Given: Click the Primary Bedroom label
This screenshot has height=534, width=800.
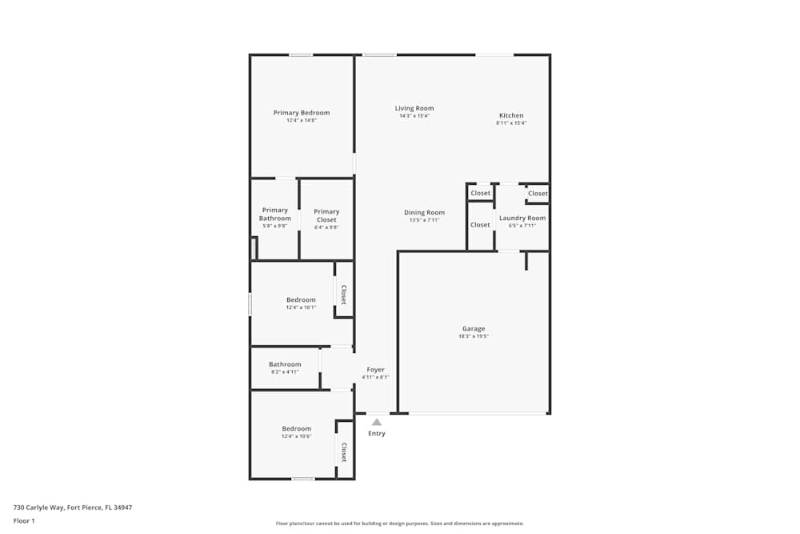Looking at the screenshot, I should point(302,113).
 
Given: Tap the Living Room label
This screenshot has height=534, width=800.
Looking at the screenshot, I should point(414,108).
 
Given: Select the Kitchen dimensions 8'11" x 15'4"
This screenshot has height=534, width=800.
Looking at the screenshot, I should point(511,123).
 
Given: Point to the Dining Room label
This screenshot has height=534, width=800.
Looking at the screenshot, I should point(424,212).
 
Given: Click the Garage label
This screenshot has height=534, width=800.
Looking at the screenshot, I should point(474,328).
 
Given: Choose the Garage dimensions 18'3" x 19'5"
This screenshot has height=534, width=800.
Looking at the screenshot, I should point(474,336).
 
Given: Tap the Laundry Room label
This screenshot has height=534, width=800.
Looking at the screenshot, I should point(522,218).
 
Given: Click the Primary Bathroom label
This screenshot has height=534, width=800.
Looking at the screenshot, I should point(275,214).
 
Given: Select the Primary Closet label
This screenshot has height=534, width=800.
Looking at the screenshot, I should point(326,215).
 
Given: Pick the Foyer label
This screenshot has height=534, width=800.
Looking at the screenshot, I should point(375,370).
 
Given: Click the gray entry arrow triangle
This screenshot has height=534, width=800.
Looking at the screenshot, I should point(376,422).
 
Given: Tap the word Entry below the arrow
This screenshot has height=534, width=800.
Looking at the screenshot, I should point(376,434).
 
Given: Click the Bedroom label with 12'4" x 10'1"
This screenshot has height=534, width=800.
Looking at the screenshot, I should point(301,300).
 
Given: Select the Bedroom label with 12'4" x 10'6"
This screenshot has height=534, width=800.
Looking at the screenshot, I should point(296,428).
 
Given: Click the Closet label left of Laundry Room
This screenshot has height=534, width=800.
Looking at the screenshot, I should point(480,225).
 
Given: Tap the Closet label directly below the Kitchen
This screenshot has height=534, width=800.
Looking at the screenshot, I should point(538,193).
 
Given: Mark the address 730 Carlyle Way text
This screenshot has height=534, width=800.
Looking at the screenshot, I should point(73,508).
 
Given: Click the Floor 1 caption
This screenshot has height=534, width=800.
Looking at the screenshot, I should point(24,520).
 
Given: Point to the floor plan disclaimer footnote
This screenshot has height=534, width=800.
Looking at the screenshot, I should point(400,524).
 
